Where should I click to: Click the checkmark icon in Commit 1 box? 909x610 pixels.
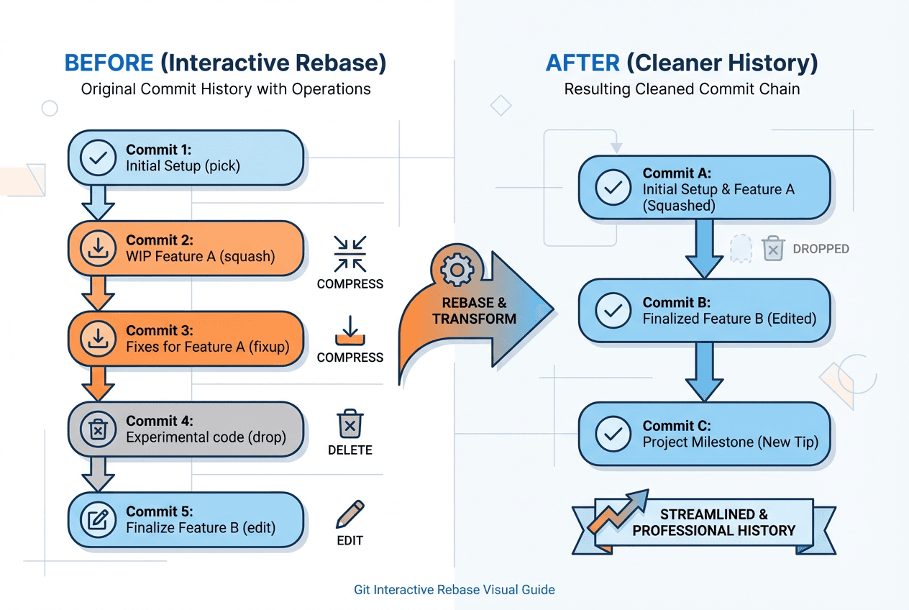point(98,158)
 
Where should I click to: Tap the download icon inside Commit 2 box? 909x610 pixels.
point(98,249)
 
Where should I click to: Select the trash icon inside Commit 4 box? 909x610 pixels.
point(98,429)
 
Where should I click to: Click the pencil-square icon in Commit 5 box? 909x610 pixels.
point(98,520)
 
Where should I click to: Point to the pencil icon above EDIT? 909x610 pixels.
point(350,514)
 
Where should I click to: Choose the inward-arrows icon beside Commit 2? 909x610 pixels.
point(350,253)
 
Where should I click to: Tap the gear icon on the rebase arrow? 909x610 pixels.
point(457,270)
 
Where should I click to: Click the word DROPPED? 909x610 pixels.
point(821,249)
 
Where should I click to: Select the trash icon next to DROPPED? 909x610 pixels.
point(773,249)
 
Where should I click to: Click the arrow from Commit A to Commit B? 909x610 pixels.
point(704,249)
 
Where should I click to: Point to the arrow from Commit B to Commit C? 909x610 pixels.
point(704,370)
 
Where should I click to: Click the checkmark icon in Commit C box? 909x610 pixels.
point(613,434)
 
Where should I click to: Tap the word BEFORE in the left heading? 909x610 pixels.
point(109,63)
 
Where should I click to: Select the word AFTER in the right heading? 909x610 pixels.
point(583,63)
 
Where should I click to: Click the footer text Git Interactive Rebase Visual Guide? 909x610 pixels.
point(454,590)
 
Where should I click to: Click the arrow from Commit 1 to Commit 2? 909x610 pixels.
point(98,202)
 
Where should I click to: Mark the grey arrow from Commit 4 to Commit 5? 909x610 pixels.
point(98,473)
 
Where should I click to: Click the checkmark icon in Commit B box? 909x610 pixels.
point(613,310)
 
